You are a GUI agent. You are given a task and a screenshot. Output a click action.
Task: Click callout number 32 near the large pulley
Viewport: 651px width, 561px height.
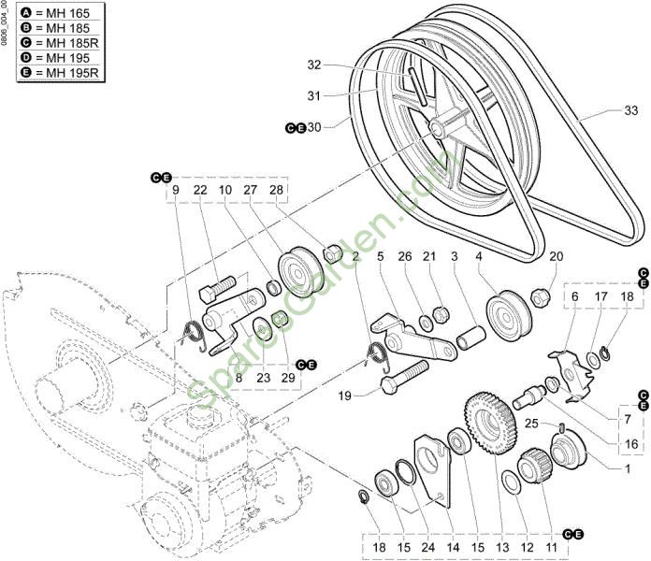(x=314, y=65)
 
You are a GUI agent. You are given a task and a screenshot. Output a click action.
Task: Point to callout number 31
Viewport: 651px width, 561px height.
(x=314, y=95)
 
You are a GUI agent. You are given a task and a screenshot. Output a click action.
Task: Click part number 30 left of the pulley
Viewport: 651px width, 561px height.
(x=314, y=127)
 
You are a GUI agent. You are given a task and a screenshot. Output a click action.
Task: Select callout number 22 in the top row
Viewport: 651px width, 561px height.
(x=199, y=190)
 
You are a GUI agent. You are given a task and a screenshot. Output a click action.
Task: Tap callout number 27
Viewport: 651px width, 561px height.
(x=251, y=190)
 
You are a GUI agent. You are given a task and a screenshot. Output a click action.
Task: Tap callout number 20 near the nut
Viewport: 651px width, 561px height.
(x=556, y=256)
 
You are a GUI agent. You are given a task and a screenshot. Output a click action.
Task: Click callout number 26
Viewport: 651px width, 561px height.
(x=404, y=256)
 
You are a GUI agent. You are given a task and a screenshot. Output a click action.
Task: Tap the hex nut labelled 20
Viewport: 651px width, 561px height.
(x=540, y=297)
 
